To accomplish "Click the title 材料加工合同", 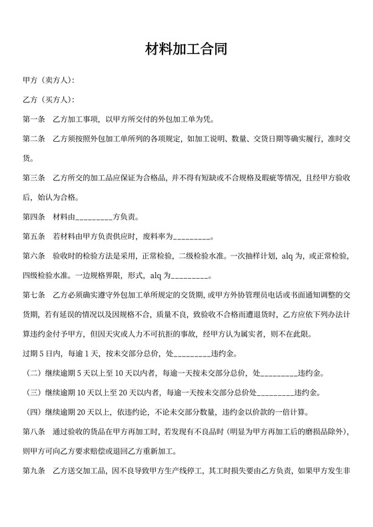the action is (x=186, y=50).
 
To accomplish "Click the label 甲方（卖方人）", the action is (x=48, y=81).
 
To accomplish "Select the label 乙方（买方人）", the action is (x=48, y=100).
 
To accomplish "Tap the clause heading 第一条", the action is (x=33, y=120).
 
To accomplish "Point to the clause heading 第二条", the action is (x=33, y=139).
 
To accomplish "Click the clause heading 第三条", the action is (x=33, y=178).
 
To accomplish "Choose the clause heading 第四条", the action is (x=33, y=217).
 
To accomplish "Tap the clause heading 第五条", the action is (x=33, y=236).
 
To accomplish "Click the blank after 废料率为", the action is (x=192, y=237).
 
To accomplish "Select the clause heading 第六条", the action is (x=33, y=256).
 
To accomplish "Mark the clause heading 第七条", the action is (x=33, y=295).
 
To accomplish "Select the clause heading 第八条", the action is (x=33, y=432).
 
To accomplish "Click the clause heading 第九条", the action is (x=33, y=470).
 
